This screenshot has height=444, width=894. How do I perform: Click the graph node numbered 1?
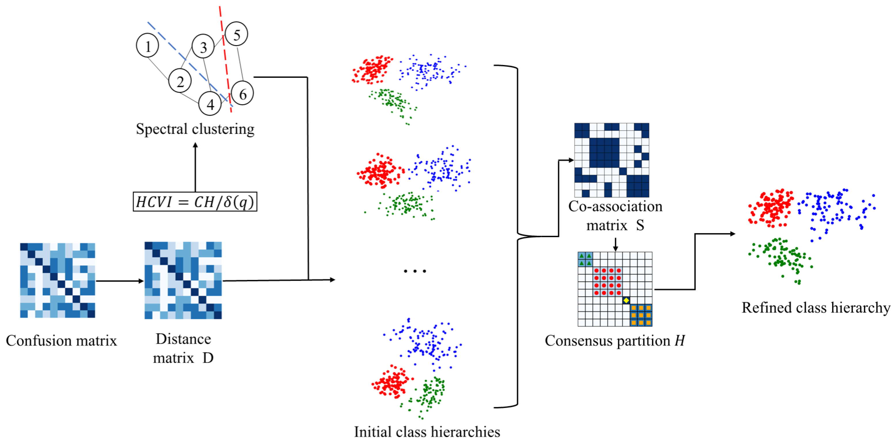147,45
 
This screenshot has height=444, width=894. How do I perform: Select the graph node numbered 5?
236,34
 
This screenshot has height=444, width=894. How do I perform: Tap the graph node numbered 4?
210,104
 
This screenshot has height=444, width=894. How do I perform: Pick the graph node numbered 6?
242,93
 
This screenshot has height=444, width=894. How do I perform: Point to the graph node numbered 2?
180,81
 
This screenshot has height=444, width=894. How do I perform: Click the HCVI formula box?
195,201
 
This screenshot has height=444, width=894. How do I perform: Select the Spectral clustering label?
195,129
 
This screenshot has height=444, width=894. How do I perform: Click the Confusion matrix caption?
61,341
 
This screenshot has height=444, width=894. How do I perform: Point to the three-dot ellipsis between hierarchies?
415,271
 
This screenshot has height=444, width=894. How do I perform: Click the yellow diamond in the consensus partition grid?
626,300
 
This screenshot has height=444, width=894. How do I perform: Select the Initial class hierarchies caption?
427,432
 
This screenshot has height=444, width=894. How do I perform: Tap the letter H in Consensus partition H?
680,341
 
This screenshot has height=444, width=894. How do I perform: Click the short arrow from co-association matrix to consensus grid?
615,244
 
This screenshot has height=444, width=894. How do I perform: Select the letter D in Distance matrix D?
208,358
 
